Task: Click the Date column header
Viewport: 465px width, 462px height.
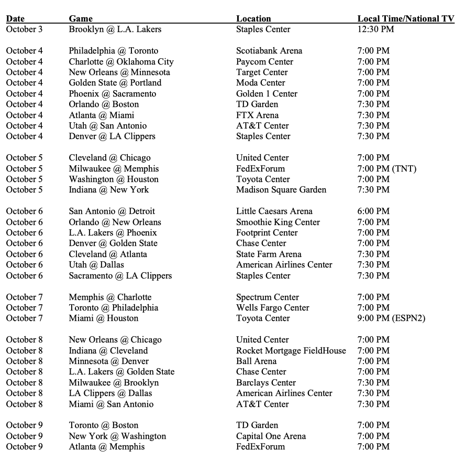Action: [16, 19]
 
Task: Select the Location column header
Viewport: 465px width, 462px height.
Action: [253, 19]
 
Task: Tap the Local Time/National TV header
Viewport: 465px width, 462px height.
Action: [406, 19]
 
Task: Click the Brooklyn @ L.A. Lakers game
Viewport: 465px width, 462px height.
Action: [115, 29]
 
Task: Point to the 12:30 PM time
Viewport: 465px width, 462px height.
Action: [375, 29]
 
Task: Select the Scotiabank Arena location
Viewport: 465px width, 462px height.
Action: [269, 51]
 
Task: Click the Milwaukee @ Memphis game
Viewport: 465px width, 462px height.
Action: [114, 169]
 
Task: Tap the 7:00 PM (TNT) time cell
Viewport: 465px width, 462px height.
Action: [387, 169]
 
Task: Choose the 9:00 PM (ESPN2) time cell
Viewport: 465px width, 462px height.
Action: [391, 318]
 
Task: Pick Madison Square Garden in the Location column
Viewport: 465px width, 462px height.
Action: [281, 190]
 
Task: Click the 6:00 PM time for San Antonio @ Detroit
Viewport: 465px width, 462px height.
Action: [373, 211]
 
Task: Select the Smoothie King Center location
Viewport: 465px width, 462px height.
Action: [278, 222]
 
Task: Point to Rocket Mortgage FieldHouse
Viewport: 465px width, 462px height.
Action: [291, 350]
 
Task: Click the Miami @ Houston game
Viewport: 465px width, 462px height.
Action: [104, 318]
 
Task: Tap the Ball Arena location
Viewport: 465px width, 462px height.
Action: [257, 361]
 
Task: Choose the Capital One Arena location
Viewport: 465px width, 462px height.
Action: [271, 436]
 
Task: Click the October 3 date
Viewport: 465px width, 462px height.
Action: [25, 29]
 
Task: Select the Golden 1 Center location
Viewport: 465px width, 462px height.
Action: [267, 94]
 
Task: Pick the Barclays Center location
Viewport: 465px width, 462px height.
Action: [266, 382]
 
